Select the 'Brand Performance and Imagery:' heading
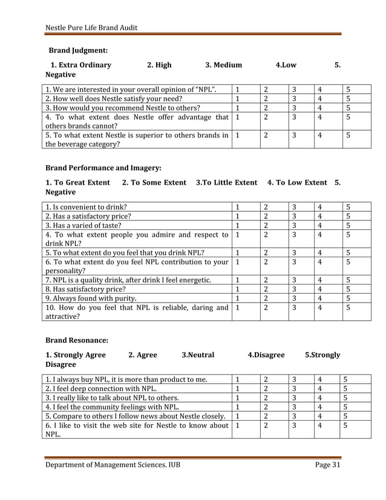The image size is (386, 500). coord(103,168)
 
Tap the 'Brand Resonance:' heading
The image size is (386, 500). coord(77,341)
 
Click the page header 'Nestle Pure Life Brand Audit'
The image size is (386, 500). coord(91,27)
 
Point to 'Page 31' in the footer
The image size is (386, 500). coord(328,464)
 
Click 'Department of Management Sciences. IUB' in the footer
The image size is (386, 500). coord(113,464)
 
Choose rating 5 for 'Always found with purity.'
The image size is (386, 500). coord(348,298)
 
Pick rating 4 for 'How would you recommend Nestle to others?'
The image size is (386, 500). coord(321,108)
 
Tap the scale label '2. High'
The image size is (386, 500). coord(159,65)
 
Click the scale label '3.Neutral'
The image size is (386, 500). coord(198,355)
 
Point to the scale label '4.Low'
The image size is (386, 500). coord(286,65)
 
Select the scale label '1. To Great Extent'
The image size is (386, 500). coord(78,182)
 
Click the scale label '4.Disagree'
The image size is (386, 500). coord(266,355)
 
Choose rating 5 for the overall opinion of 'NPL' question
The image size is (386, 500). coord(348,90)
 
